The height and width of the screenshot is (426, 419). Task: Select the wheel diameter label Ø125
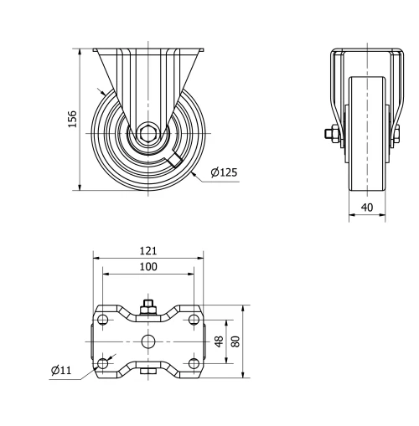[224, 172]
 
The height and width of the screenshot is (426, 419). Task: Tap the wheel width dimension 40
[366, 207]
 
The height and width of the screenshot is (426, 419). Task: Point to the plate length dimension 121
[148, 250]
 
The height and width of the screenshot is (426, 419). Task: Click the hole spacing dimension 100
[148, 266]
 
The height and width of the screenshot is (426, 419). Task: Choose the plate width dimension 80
[235, 341]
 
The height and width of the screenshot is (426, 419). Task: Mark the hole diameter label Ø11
[59, 369]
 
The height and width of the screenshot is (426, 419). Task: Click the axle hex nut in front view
[147, 132]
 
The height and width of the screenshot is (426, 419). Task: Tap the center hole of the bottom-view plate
[148, 341]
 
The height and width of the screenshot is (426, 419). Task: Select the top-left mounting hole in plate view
[103, 321]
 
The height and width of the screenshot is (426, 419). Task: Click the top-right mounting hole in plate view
[194, 321]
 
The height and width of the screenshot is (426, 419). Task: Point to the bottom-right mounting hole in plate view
[194, 362]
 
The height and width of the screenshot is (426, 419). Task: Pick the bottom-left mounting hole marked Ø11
[103, 362]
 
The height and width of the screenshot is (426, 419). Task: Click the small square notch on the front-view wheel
[175, 160]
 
